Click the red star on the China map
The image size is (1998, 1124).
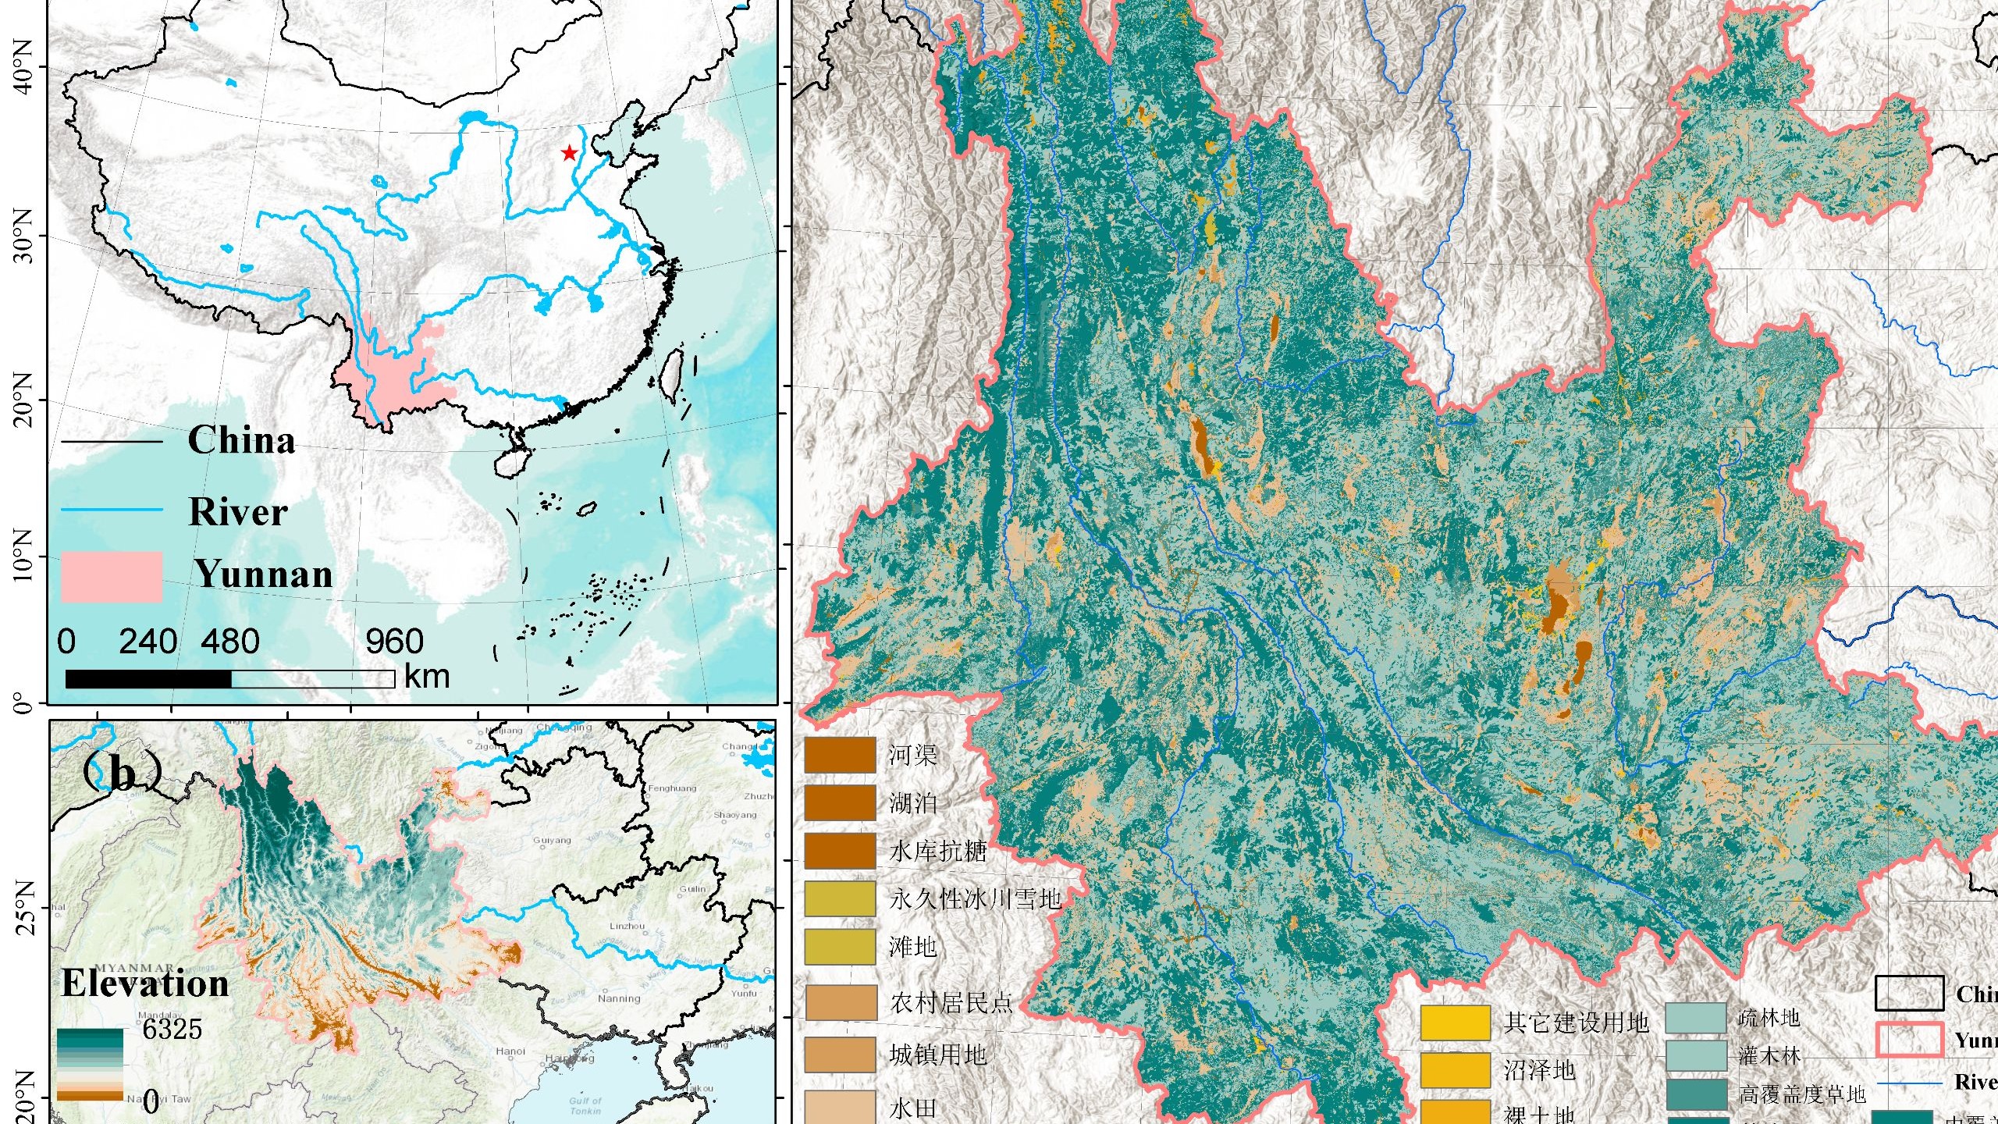(569, 153)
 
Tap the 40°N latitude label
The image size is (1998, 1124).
(23, 67)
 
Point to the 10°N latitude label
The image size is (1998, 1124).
(23, 556)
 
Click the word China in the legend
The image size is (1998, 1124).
(241, 440)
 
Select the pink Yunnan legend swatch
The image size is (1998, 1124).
(112, 577)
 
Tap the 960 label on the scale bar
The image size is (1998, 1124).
(394, 642)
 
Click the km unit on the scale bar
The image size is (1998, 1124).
(427, 676)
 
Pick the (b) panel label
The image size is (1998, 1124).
(122, 773)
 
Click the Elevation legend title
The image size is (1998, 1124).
(145, 983)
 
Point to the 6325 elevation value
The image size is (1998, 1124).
(172, 1029)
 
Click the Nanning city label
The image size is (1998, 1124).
(619, 998)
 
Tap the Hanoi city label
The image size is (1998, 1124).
(510, 1051)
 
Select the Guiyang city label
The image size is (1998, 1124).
(552, 841)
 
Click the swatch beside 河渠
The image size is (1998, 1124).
(840, 755)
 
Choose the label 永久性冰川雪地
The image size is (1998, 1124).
(975, 899)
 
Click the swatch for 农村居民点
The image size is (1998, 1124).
(840, 1003)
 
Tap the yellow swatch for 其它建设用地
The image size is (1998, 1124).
(1455, 1023)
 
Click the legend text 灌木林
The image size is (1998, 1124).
(1769, 1056)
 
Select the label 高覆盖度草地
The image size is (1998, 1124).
(1801, 1094)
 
